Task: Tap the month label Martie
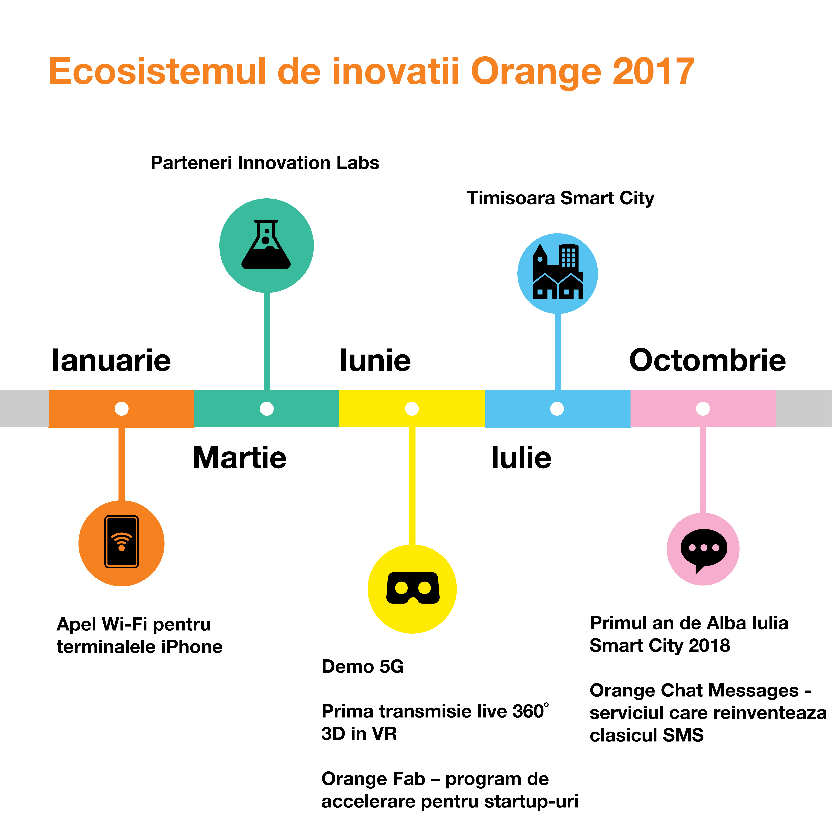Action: point(239,457)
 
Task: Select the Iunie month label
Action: point(375,360)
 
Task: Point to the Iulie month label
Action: point(522,457)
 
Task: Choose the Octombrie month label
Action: point(707,360)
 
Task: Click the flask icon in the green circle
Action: point(266,244)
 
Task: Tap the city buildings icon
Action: point(558,272)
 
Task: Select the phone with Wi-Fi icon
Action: point(122,542)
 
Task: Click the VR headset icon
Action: point(413,588)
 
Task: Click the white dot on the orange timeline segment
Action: point(122,408)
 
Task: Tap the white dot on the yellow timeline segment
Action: point(412,408)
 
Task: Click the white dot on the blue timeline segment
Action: point(557,408)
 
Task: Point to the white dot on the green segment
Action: point(267,408)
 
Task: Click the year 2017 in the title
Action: point(654,71)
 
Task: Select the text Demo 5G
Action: point(363,666)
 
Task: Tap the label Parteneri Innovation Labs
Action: point(265,163)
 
